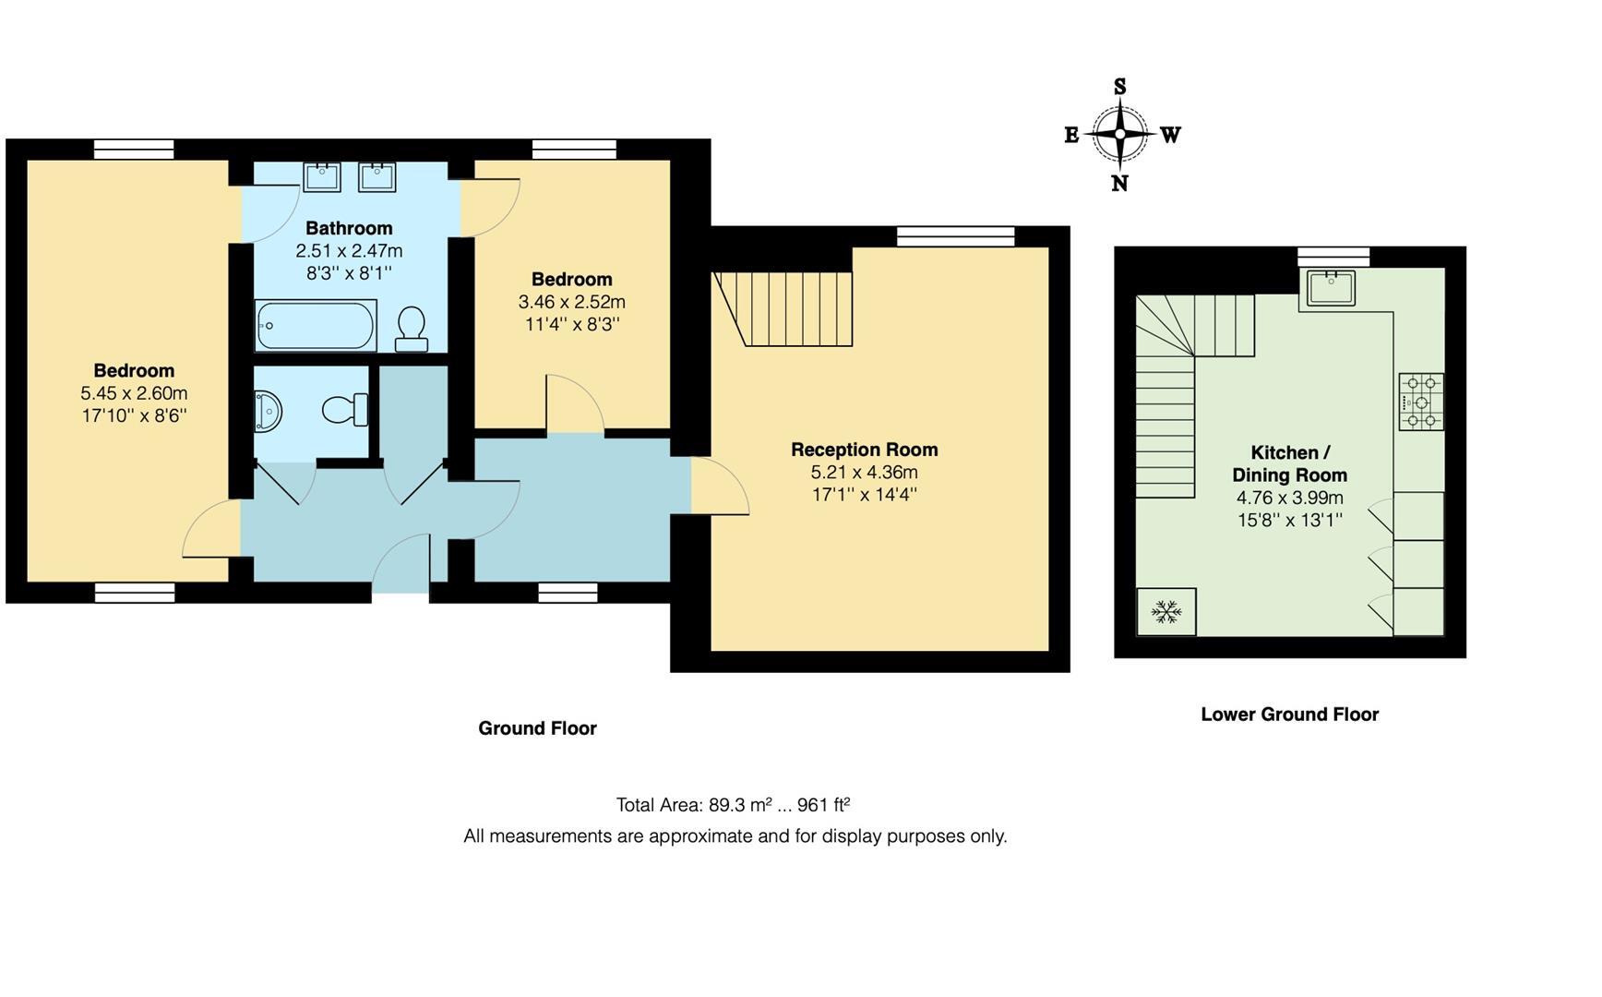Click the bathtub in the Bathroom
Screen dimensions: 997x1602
[x=316, y=326]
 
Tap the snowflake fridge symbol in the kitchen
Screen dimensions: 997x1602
[x=1166, y=611]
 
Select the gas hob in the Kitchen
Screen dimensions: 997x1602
[x=1420, y=402]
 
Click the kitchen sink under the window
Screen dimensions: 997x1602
[x=1330, y=287]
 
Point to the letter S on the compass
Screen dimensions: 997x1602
[x=1119, y=88]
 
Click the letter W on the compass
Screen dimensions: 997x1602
[x=1170, y=136]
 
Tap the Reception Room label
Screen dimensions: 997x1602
[x=864, y=450]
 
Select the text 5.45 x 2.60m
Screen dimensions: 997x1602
[x=134, y=393]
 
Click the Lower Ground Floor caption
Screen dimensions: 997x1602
[x=1289, y=714]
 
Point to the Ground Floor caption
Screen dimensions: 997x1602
[x=537, y=727]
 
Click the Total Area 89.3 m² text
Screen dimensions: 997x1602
[x=732, y=804]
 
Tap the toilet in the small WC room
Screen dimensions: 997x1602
[x=345, y=409]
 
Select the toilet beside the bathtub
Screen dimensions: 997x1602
[x=411, y=329]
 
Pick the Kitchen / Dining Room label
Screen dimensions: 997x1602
[x=1289, y=463]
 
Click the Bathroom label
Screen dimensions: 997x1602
[x=349, y=228]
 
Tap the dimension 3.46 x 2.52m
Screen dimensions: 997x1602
[x=571, y=302]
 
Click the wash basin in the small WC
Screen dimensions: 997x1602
[x=267, y=409]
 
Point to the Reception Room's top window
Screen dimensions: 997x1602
[x=955, y=236]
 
